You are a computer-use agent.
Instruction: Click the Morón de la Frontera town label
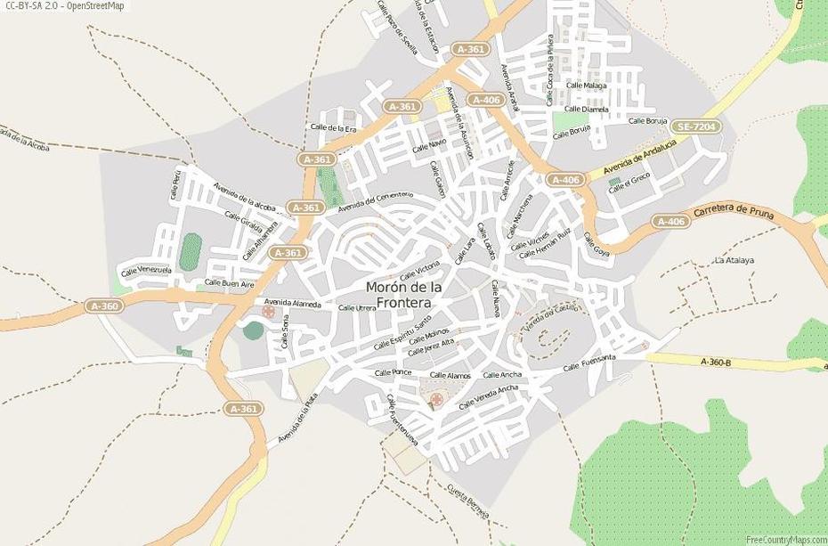(404, 295)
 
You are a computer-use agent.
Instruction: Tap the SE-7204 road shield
(695, 127)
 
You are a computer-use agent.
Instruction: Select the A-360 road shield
(103, 306)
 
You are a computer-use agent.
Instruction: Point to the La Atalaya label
(734, 260)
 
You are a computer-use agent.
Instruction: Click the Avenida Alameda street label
(292, 304)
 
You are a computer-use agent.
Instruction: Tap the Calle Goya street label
(596, 245)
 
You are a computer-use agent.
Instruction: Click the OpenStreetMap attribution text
(64, 6)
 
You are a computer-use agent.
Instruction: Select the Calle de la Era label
(333, 128)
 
